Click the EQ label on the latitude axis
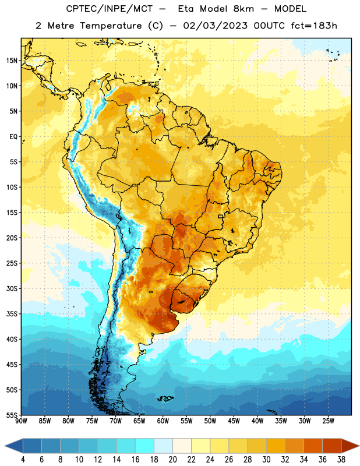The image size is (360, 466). (x=13, y=137)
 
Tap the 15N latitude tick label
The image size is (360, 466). (x=12, y=61)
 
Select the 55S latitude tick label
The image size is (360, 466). (x=12, y=415)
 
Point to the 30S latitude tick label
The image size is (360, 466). (x=12, y=288)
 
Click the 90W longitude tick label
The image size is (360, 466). (x=21, y=421)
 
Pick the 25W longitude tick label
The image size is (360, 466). (x=328, y=421)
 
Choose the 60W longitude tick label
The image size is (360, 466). (x=163, y=421)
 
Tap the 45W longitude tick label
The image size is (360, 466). (x=234, y=421)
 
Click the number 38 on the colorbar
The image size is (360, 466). (x=341, y=460)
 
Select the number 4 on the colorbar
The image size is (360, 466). (x=23, y=460)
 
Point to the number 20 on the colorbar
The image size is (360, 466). (x=172, y=460)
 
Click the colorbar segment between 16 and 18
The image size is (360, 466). (x=145, y=446)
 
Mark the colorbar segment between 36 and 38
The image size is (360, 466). (x=332, y=446)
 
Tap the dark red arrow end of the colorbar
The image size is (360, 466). (x=350, y=446)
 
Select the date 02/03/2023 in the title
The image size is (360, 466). (x=215, y=26)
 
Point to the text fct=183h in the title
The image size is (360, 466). (x=314, y=26)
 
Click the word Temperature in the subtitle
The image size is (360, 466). (x=111, y=26)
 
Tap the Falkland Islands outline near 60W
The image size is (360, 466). (x=165, y=398)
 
